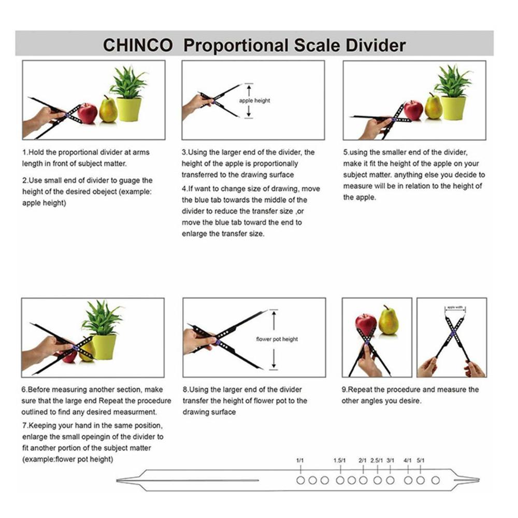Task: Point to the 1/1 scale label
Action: click(300, 460)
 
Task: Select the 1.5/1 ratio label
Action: click(340, 460)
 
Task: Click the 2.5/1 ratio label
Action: click(377, 460)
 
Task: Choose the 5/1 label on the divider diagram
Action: click(421, 460)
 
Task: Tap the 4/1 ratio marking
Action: click(408, 460)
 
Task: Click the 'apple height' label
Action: click(254, 100)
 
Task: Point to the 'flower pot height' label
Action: click(277, 339)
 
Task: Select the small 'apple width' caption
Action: click(455, 306)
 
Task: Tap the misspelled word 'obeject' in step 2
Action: click(122, 192)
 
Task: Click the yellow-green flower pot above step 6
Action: click(104, 346)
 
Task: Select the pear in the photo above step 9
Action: click(388, 321)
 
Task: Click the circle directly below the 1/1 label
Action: click(300, 480)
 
